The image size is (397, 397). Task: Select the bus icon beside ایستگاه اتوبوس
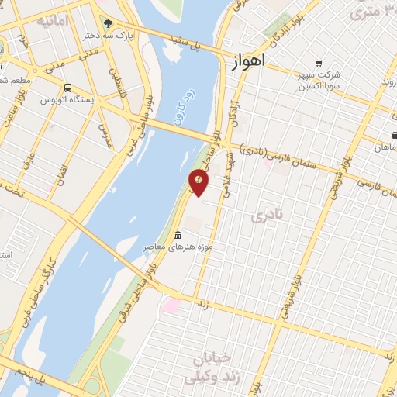coord(68,88)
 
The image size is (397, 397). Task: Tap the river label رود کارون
coord(178,116)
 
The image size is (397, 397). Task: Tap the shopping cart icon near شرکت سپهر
coord(318,64)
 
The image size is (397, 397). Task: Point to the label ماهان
coord(385,147)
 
